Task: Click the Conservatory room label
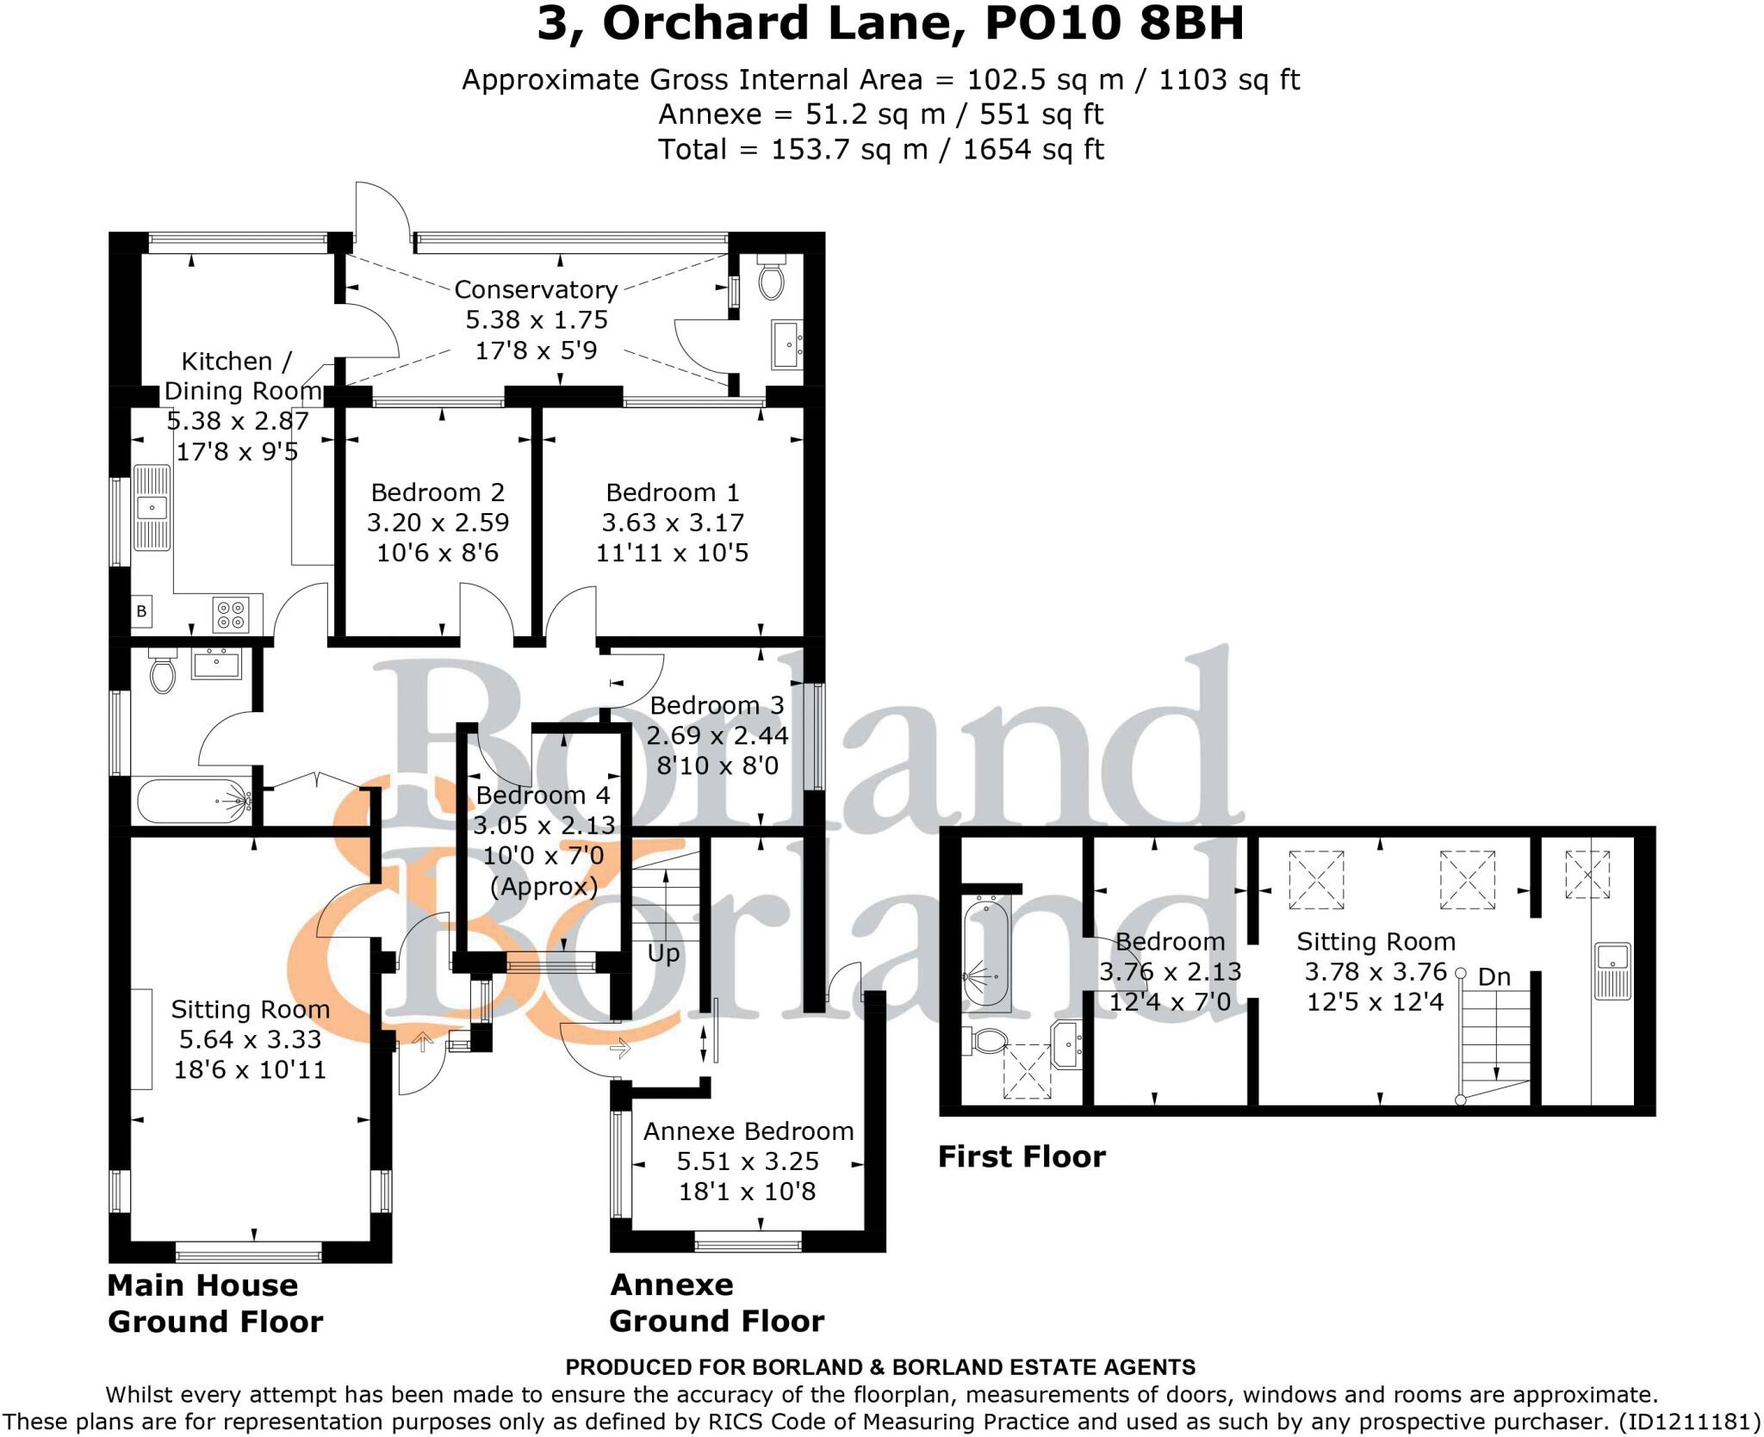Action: tap(536, 289)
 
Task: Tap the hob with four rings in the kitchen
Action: tap(231, 615)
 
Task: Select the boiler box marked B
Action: tap(141, 612)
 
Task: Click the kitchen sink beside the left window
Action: tap(153, 507)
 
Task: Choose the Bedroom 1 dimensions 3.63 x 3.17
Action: tap(672, 523)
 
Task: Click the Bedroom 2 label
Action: tap(438, 492)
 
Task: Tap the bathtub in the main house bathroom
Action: tap(192, 801)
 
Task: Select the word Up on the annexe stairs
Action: tap(663, 953)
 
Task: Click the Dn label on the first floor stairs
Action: tap(1494, 977)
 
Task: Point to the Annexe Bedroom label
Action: tap(748, 1131)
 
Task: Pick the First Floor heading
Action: tap(1022, 1156)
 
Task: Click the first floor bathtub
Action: tap(985, 951)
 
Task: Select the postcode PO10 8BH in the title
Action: tap(1115, 24)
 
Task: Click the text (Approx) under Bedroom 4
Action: tap(543, 886)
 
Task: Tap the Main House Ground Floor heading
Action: tap(215, 1303)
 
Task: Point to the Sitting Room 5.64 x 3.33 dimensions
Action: tap(250, 1039)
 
